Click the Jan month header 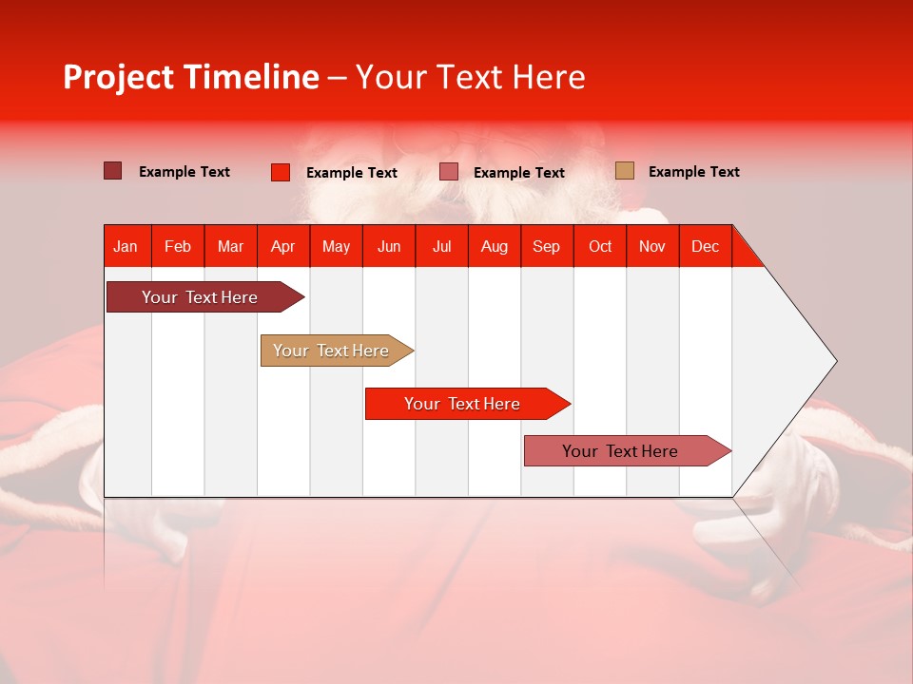pos(126,246)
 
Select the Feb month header pos(178,246)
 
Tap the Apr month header pos(282,246)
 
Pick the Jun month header pos(389,246)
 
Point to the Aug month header pos(494,246)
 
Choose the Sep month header pos(546,246)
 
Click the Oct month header pos(600,246)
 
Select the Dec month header pos(705,246)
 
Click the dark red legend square pos(112,171)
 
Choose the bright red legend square pos(280,172)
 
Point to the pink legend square pos(449,172)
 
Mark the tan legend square pos(624,171)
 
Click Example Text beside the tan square pos(693,172)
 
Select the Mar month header pos(230,246)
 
